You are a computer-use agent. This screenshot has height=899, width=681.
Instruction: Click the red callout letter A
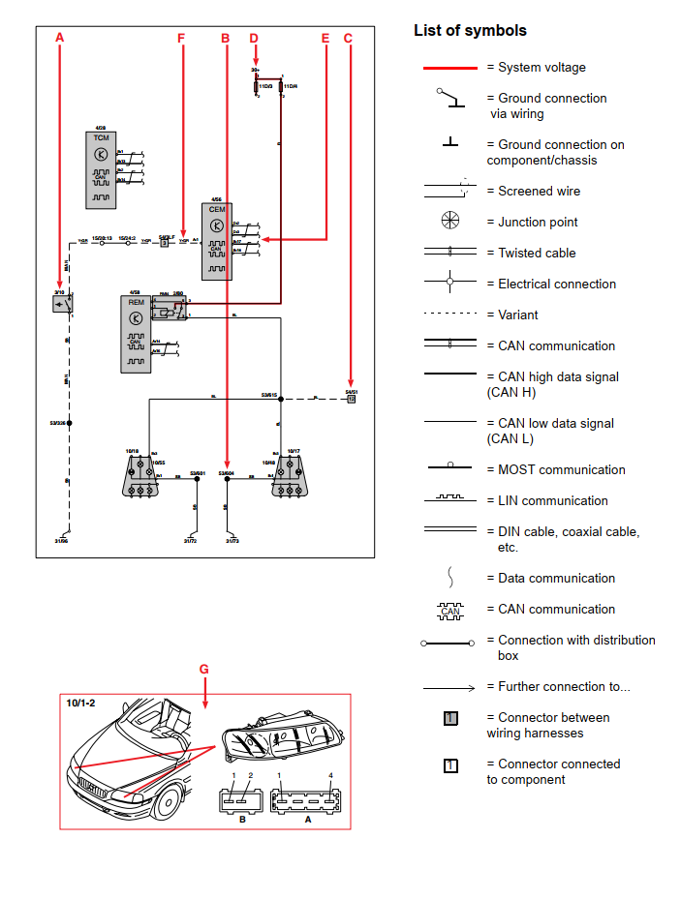(x=60, y=38)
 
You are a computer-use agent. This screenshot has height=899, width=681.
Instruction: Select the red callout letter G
(x=203, y=669)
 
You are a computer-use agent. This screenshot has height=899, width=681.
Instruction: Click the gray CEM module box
(x=217, y=241)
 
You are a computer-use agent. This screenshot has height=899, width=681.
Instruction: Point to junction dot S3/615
(x=280, y=398)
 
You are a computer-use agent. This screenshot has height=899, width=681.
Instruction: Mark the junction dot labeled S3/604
(x=227, y=478)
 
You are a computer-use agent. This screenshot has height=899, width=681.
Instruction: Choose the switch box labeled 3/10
(x=62, y=304)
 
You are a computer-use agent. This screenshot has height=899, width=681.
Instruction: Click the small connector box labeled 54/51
(x=351, y=398)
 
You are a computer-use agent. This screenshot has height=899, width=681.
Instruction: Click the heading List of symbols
(x=470, y=31)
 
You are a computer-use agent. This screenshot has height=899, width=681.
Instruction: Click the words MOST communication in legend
(x=561, y=470)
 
